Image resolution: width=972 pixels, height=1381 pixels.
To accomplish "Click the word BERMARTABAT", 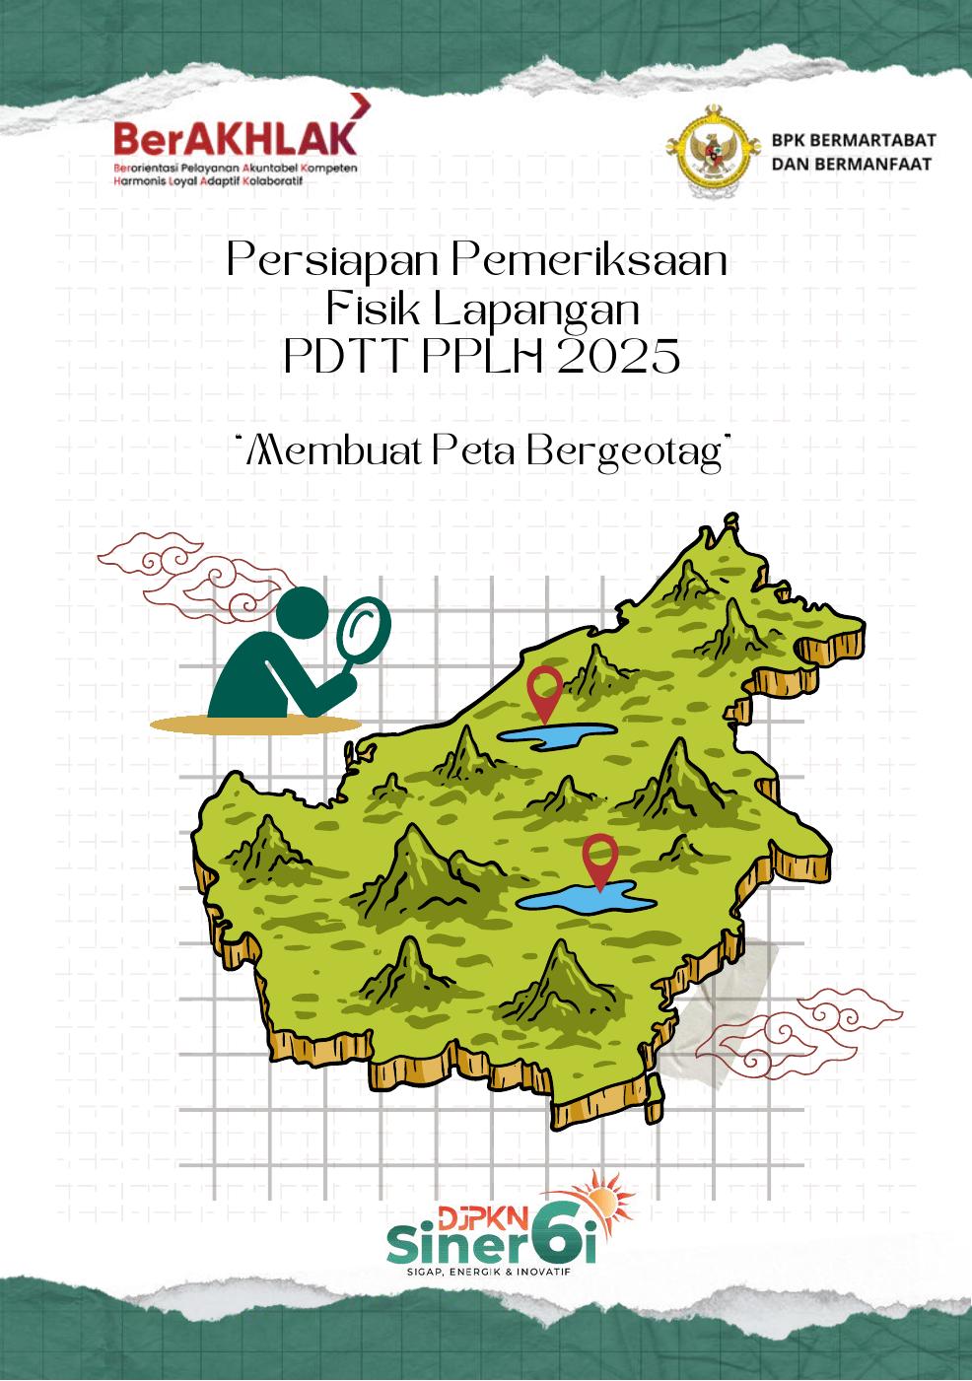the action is (x=880, y=140).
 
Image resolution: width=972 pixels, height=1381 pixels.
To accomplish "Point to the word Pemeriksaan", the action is (x=590, y=262).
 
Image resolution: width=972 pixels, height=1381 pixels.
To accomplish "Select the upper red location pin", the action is (x=544, y=691).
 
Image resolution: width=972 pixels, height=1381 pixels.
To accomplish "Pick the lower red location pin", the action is (x=599, y=859).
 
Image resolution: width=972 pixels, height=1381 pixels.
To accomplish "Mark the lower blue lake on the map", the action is (x=588, y=899).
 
